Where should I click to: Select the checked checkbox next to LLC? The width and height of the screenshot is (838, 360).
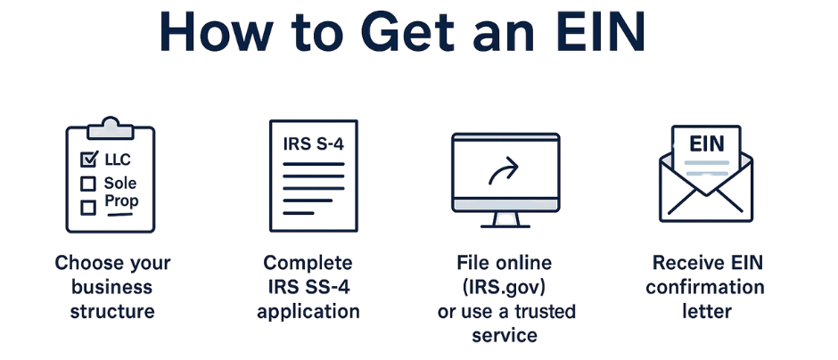click(x=88, y=159)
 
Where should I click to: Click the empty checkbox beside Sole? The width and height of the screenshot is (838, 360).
click(x=87, y=184)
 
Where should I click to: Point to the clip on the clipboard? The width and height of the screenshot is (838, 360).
click(x=110, y=127)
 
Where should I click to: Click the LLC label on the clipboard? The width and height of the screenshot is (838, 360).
click(x=118, y=160)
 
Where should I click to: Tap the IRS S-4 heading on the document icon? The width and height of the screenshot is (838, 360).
click(x=313, y=144)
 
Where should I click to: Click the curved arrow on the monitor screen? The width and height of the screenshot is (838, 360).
click(x=504, y=171)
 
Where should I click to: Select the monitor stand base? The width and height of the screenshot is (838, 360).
click(x=505, y=226)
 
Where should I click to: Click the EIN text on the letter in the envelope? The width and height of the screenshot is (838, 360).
click(x=707, y=143)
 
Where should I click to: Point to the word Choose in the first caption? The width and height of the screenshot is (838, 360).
click(x=83, y=263)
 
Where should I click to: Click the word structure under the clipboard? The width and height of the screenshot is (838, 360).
click(x=112, y=311)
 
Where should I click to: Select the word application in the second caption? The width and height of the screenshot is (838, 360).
click(x=308, y=311)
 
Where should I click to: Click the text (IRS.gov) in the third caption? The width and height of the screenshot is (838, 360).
click(x=505, y=287)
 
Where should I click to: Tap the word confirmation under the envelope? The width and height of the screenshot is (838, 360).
click(x=705, y=287)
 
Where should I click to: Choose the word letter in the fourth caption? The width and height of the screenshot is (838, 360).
click(x=707, y=311)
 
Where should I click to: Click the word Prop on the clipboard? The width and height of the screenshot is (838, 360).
click(x=121, y=202)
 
